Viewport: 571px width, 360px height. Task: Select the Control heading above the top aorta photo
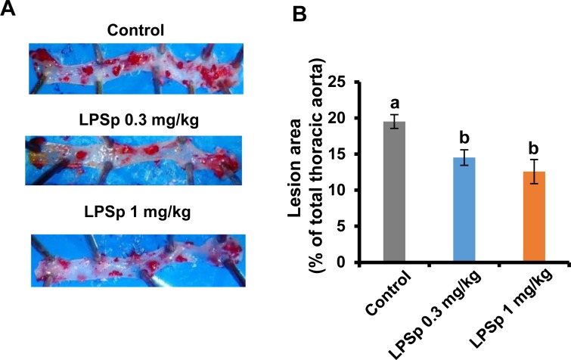pyautogui.click(x=137, y=32)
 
